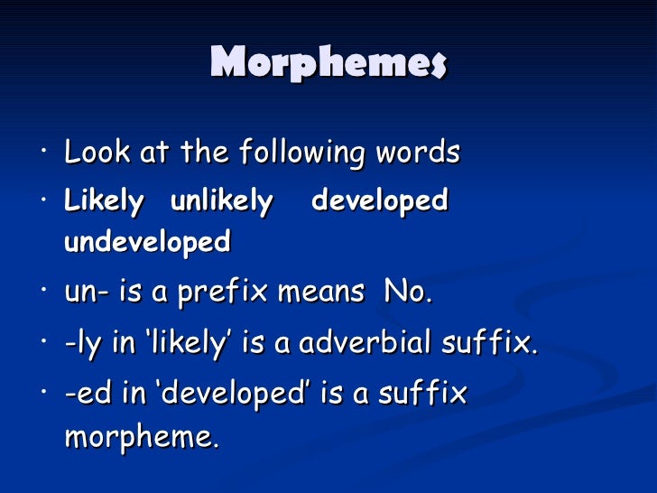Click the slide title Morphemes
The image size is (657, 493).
coord(328,63)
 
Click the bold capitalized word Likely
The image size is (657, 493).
coord(104,201)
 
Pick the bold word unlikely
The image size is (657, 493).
coord(221,201)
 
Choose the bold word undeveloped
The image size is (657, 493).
coord(147,242)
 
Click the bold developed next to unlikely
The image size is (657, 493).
coord(379,201)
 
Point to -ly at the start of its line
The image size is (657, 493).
coord(81,343)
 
